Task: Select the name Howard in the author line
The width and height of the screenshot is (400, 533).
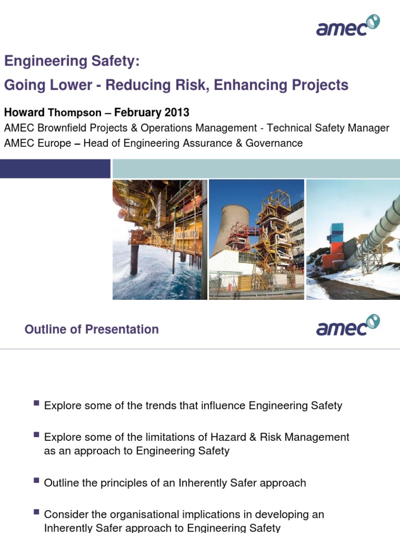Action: click(x=25, y=112)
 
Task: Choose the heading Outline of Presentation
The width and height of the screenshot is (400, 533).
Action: click(x=91, y=329)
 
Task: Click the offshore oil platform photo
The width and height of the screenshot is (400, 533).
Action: click(x=159, y=239)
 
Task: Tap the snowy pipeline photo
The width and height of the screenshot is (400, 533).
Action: click(x=353, y=239)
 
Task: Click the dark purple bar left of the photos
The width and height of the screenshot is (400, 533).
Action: click(x=55, y=169)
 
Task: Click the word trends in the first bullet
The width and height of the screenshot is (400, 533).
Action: click(x=158, y=405)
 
